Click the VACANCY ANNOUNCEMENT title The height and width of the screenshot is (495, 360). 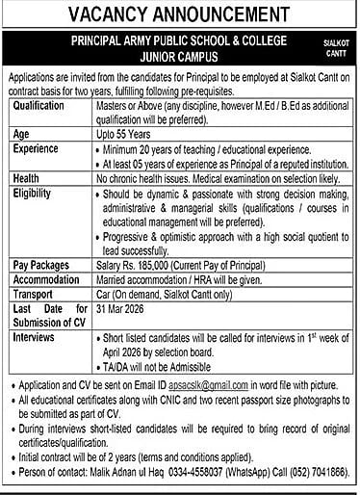pos(180,15)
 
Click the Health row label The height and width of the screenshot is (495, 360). pos(28,178)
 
